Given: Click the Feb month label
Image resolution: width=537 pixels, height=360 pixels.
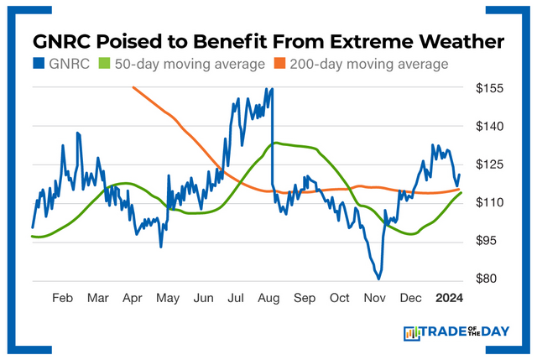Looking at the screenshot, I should point(62,298).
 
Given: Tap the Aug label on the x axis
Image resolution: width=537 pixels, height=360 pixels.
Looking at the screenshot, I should point(269,298).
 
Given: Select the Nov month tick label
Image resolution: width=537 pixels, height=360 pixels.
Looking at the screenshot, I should point(374,298).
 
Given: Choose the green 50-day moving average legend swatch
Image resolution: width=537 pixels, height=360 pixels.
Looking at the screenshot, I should point(106,64).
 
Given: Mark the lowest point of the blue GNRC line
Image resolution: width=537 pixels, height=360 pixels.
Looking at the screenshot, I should point(379,278).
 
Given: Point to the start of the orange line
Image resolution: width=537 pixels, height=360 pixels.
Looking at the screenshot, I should point(133,86).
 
